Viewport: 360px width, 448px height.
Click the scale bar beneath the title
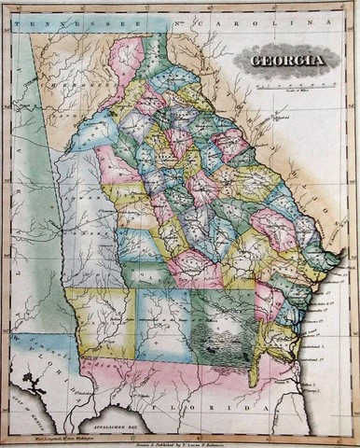click(x=288, y=83)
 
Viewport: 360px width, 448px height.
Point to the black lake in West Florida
click(x=36, y=381)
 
